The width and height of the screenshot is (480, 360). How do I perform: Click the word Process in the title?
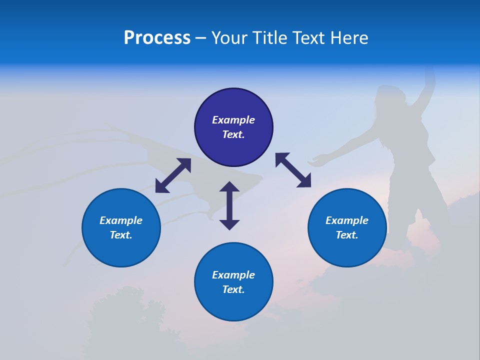pyautogui.click(x=157, y=38)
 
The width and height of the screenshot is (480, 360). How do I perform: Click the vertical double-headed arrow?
pyautogui.click(x=229, y=205)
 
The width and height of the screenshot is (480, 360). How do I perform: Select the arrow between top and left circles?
pyautogui.click(x=173, y=175)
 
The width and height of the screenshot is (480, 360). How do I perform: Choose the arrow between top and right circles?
pyautogui.click(x=293, y=170)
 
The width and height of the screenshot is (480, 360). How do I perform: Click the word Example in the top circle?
pyautogui.click(x=233, y=120)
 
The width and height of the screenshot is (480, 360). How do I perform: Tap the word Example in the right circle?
pyautogui.click(x=347, y=220)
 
